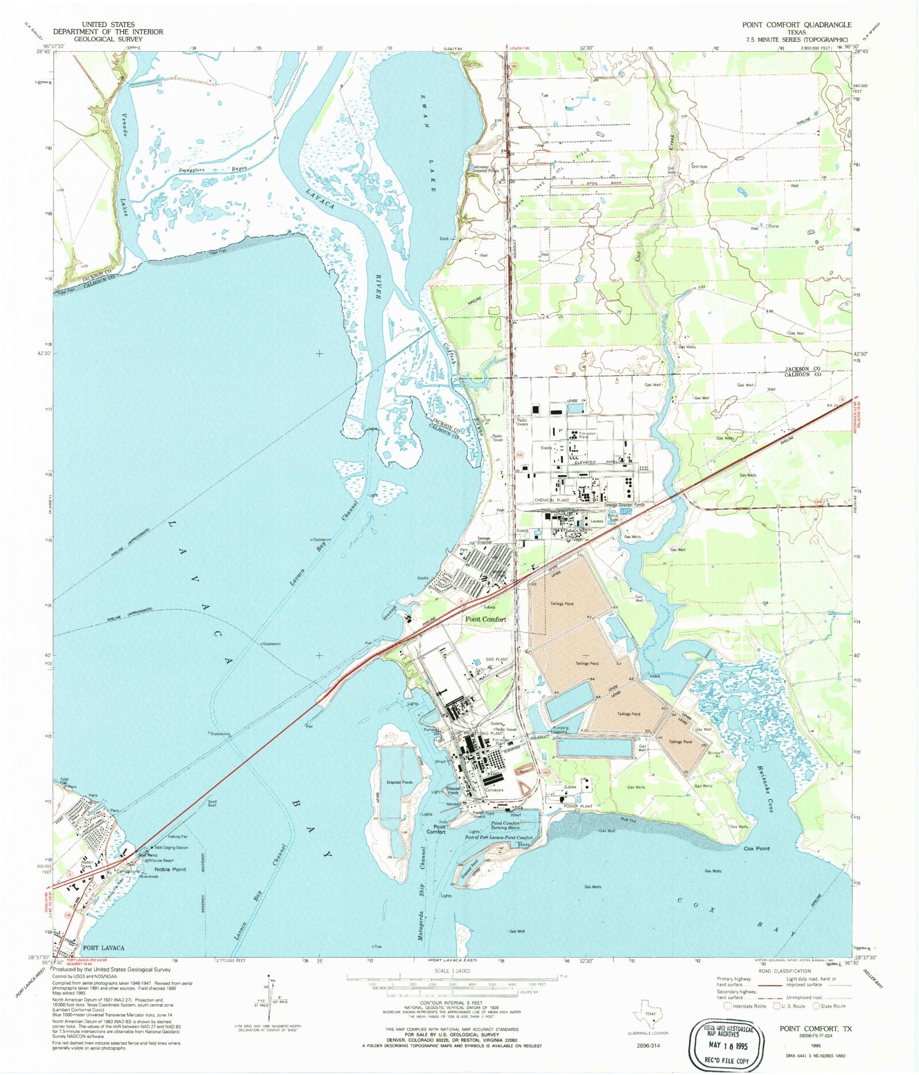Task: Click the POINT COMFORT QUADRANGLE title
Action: [x=796, y=25]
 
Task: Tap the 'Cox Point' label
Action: [x=756, y=848]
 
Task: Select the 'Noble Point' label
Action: [x=171, y=869]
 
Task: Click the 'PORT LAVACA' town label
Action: [x=103, y=947]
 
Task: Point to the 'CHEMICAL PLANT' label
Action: [x=551, y=500]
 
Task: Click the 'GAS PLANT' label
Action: [x=496, y=659]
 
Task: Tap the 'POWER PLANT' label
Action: [x=577, y=806]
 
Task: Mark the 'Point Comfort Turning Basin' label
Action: [x=505, y=825]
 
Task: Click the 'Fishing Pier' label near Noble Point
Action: [x=177, y=837]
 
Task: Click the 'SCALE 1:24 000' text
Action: [x=453, y=970]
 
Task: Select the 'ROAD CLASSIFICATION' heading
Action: [x=785, y=971]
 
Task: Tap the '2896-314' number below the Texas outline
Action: [x=647, y=1045]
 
